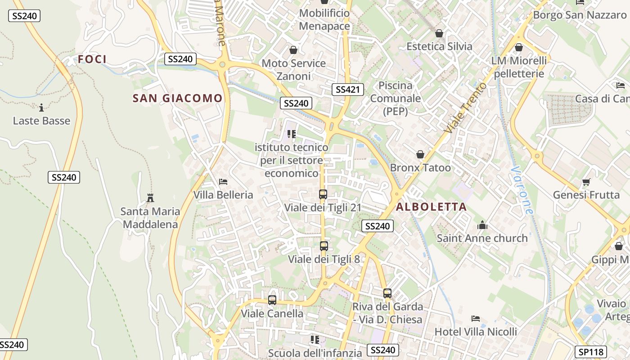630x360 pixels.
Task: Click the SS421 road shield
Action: pyautogui.click(x=348, y=89)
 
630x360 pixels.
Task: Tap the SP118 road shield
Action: pyautogui.click(x=591, y=351)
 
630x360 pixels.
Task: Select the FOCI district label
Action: pyautogui.click(x=92, y=59)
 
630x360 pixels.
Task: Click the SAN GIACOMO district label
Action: pyautogui.click(x=178, y=98)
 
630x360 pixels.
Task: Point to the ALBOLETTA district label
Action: pyautogui.click(x=431, y=207)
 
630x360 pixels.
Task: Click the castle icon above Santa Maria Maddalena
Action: pyautogui.click(x=150, y=198)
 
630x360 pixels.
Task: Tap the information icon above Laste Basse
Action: pyautogui.click(x=41, y=108)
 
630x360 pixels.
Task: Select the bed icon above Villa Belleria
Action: pyautogui.click(x=223, y=182)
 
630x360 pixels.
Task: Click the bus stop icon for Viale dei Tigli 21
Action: pyautogui.click(x=323, y=194)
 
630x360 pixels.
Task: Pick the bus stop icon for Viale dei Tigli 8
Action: pyautogui.click(x=324, y=246)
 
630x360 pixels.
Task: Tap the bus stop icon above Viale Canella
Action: pyautogui.click(x=272, y=300)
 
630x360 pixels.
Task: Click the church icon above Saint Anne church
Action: pyautogui.click(x=482, y=225)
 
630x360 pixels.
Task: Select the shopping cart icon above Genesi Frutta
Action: pyautogui.click(x=585, y=182)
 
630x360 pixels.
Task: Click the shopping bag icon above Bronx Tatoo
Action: pyautogui.click(x=420, y=155)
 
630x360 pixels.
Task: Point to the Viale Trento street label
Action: pyautogui.click(x=465, y=108)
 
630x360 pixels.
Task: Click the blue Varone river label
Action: pyautogui.click(x=522, y=190)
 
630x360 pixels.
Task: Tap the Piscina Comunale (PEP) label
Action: pyautogui.click(x=396, y=98)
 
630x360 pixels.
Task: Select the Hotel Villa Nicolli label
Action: pyautogui.click(x=476, y=332)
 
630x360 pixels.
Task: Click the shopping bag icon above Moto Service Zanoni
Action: pyautogui.click(x=293, y=50)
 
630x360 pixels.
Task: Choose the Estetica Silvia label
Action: pyautogui.click(x=439, y=46)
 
